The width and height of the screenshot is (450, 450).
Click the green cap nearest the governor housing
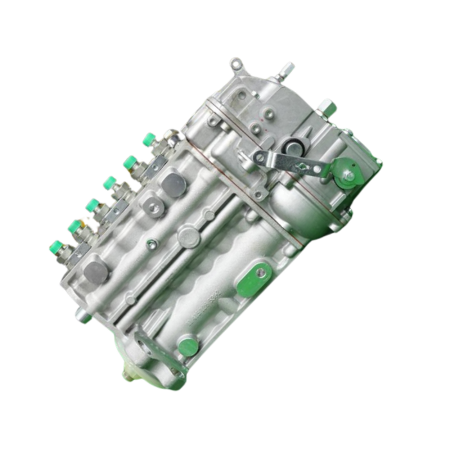pyautogui.click(x=148, y=138)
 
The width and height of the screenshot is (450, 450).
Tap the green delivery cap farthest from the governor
pyautogui.click(x=57, y=246)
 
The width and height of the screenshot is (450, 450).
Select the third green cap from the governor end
pyautogui.click(x=110, y=183)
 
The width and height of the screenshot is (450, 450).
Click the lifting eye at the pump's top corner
pyautogui.click(x=237, y=64)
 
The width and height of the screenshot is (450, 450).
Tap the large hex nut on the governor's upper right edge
pyautogui.click(x=327, y=107)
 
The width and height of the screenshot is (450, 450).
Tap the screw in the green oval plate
pyautogui.click(x=260, y=273)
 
